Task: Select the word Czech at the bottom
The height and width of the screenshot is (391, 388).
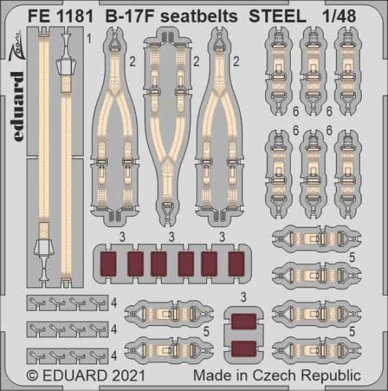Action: (280, 376)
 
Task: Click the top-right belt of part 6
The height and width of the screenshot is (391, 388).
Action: (347, 70)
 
